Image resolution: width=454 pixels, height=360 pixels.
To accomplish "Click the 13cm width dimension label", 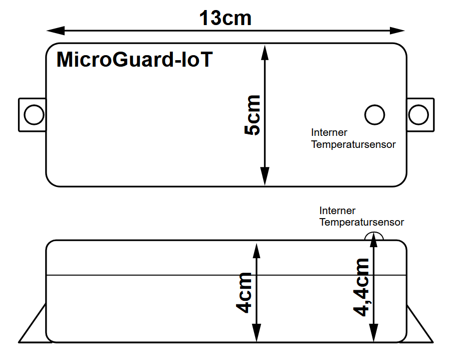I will tap(225, 19).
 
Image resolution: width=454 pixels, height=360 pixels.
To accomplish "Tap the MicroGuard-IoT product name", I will tap(135, 60).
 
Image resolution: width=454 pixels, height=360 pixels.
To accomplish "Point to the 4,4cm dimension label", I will tap(361, 287).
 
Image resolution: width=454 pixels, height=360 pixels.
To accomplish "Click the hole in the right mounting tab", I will tap(418, 115).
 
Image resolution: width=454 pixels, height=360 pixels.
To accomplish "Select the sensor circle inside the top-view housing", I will tap(374, 115).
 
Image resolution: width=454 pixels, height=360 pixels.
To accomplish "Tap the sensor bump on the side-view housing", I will tap(374, 236).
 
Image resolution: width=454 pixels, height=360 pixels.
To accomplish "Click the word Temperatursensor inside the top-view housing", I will tap(353, 144).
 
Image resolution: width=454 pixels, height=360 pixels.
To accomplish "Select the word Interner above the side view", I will tap(337, 211).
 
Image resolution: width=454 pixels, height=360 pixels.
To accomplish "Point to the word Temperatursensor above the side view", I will tap(361, 222).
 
